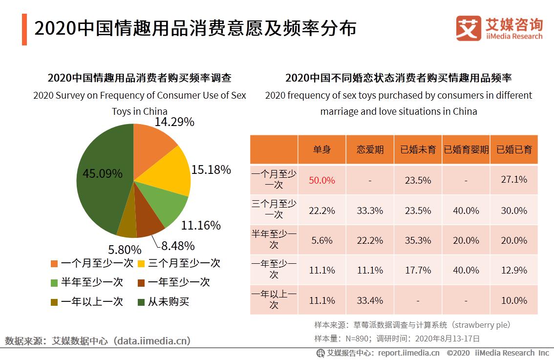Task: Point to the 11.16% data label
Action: point(201,225)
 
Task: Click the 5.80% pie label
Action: point(125,250)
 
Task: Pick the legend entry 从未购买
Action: point(169,301)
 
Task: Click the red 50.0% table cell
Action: point(322,180)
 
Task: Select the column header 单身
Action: point(322,149)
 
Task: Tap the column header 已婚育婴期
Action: point(466,149)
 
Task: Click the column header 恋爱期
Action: point(370,149)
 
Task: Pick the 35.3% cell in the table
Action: point(418,240)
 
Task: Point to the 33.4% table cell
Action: point(370,300)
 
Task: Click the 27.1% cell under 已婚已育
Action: point(514,180)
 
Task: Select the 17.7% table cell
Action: point(418,270)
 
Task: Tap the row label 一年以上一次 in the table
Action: point(274,299)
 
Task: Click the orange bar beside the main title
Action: point(24,29)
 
